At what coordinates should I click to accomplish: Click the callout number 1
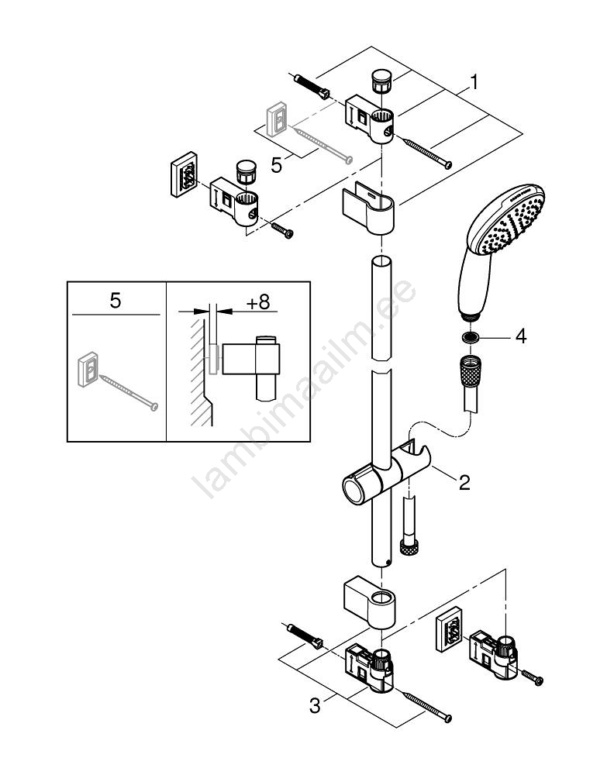point(474,81)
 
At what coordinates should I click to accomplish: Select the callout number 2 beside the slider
point(464,483)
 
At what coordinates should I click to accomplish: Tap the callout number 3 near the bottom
point(314,705)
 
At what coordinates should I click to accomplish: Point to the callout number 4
point(521,336)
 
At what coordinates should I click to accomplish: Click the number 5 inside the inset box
point(115,301)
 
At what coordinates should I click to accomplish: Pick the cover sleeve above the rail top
point(367,208)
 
